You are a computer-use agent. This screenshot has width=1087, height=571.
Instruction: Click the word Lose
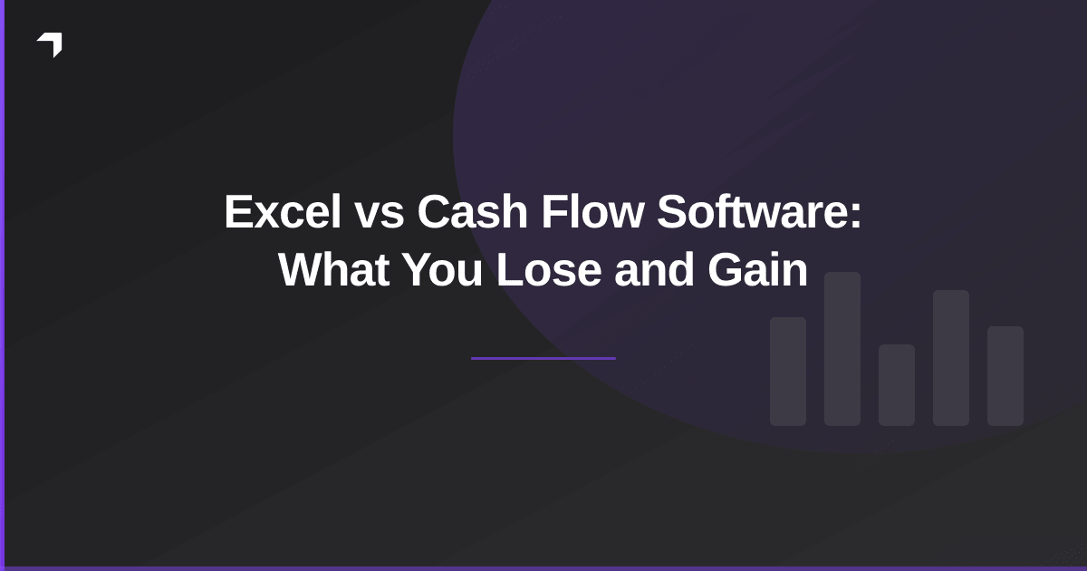coord(549,270)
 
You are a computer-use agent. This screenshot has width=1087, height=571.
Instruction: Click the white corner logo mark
coord(51,44)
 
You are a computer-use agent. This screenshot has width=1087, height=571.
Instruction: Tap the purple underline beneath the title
coord(543,358)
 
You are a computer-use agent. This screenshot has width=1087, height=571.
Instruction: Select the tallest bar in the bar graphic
coord(842,349)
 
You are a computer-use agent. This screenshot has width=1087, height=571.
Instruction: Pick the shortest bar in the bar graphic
coord(897,385)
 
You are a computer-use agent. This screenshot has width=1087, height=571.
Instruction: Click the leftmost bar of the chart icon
coord(788,372)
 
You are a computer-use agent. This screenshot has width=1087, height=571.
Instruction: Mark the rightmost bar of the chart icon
coord(1005,376)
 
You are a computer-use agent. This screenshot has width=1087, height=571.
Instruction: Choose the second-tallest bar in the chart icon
coord(951,358)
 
